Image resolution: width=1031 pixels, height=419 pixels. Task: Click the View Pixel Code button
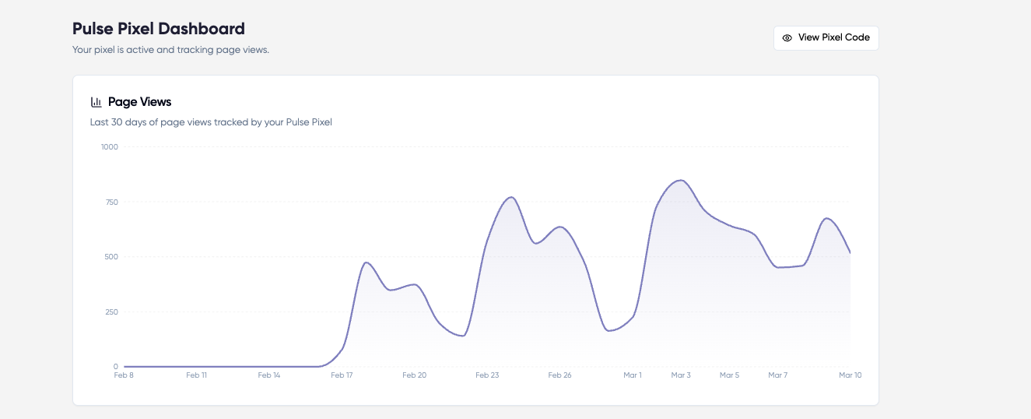click(x=826, y=37)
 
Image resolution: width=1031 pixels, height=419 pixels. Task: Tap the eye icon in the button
click(x=787, y=37)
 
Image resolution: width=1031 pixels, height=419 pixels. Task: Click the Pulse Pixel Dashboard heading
click(x=158, y=29)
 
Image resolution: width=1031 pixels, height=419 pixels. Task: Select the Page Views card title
click(x=139, y=102)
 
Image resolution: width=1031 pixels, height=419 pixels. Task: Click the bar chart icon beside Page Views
click(x=96, y=102)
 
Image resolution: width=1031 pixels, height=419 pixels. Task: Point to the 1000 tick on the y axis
click(x=109, y=146)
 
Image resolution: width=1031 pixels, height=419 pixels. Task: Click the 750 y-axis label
click(x=110, y=202)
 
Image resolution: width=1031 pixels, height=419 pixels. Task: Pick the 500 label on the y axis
click(x=110, y=257)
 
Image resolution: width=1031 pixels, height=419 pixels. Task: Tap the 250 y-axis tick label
click(x=110, y=312)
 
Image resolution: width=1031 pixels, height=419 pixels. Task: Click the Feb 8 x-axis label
click(x=124, y=375)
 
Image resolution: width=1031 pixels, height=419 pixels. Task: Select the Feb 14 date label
click(x=269, y=375)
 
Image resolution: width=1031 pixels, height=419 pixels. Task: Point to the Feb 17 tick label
click(x=342, y=375)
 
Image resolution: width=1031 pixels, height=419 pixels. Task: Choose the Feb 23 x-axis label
click(x=487, y=375)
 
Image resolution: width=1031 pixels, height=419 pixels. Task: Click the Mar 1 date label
click(x=633, y=375)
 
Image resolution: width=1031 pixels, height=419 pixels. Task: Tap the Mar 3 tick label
click(x=681, y=375)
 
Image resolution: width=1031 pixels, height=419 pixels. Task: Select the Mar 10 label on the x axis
click(x=850, y=375)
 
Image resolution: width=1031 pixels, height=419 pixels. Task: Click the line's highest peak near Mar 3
click(x=681, y=180)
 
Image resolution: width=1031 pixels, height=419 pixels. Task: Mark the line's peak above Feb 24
click(x=510, y=197)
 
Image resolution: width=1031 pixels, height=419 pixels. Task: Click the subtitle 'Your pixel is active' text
click(x=170, y=50)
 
